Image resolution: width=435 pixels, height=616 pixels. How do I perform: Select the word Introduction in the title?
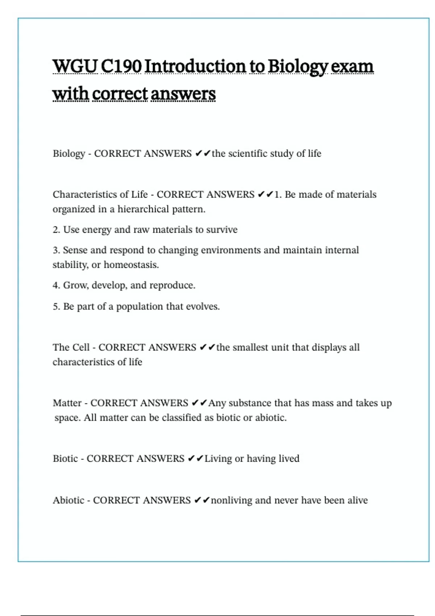point(195,66)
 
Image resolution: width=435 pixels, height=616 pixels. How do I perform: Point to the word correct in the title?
point(120,94)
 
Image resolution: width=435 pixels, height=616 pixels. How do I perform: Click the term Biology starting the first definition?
point(69,154)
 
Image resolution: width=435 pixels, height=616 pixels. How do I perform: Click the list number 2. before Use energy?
point(56,230)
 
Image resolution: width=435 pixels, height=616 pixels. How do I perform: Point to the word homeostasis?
point(131,265)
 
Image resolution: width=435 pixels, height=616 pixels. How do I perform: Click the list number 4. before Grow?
point(56,286)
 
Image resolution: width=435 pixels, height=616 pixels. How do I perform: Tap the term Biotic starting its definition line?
point(65,459)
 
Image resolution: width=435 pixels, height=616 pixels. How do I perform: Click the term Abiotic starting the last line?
point(69,500)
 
